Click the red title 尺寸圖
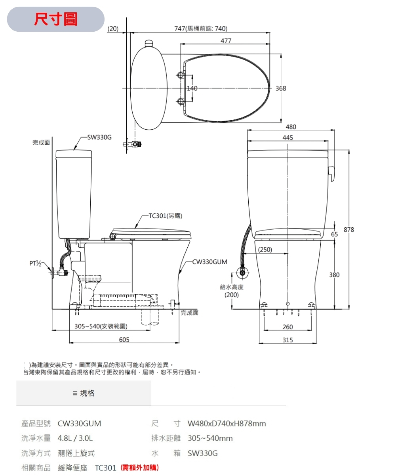click(x=56, y=19)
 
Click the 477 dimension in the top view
click(x=226, y=41)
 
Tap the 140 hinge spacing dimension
click(x=192, y=88)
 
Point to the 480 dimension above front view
click(x=290, y=127)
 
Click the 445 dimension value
click(x=288, y=137)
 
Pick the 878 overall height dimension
click(x=349, y=230)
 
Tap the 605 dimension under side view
click(x=124, y=340)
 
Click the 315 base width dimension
click(x=288, y=340)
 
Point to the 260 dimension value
click(x=288, y=327)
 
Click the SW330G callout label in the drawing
click(x=99, y=137)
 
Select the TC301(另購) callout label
click(x=165, y=216)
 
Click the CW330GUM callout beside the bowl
click(x=209, y=262)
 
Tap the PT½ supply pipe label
click(x=35, y=263)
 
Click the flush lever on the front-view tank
click(x=331, y=172)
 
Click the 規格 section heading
click(x=84, y=393)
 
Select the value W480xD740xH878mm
click(x=227, y=424)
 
